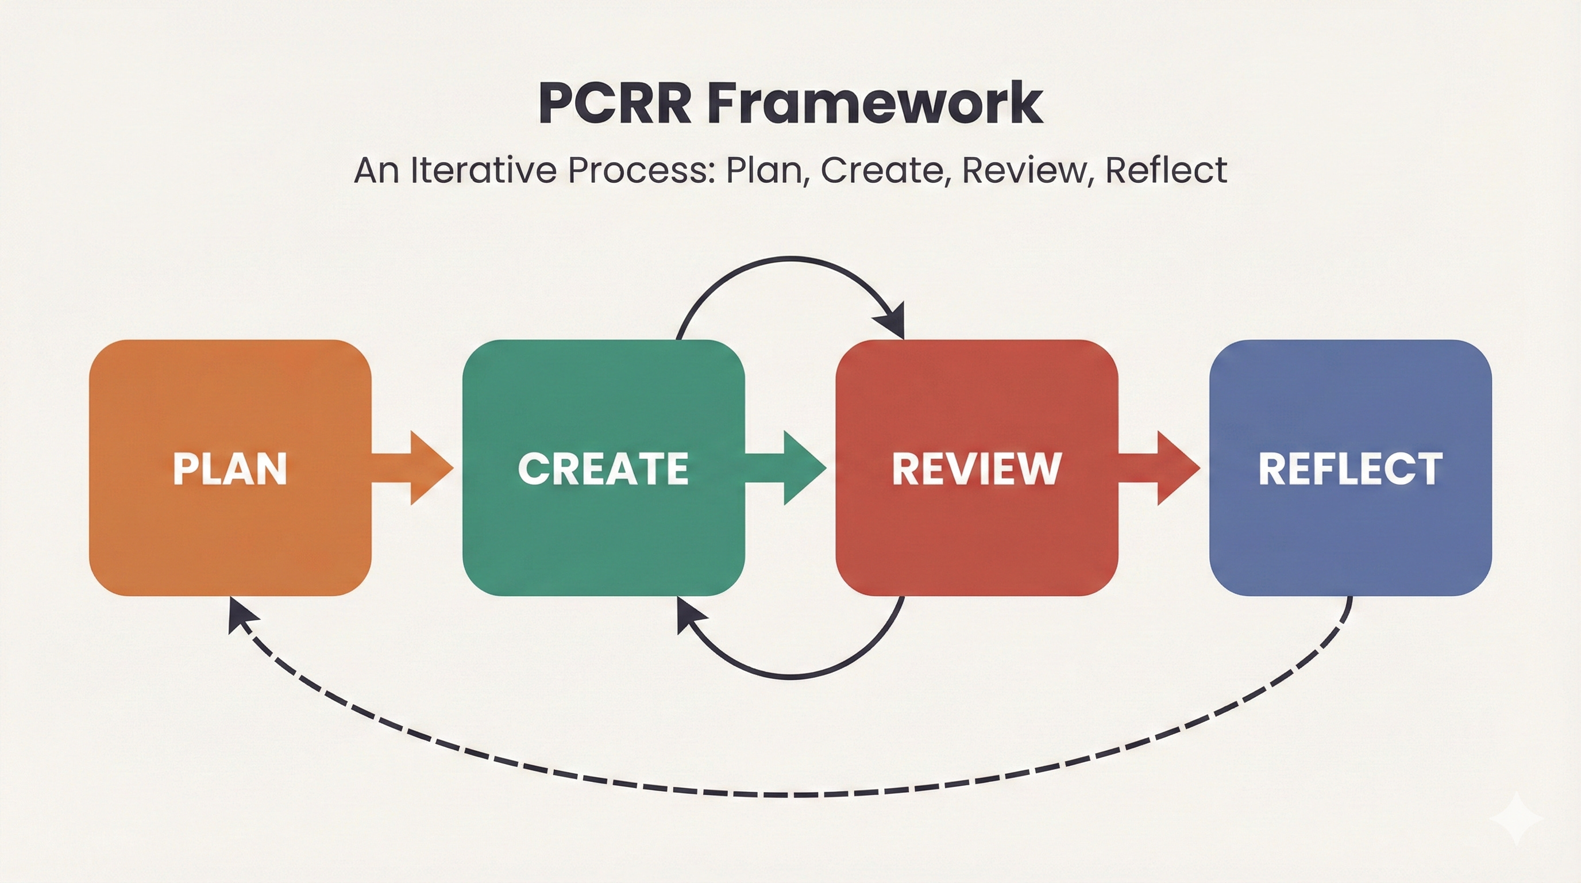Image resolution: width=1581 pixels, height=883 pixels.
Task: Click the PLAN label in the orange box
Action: point(230,469)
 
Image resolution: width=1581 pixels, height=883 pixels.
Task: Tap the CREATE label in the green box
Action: point(603,469)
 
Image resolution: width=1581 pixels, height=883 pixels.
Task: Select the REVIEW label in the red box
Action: point(977,469)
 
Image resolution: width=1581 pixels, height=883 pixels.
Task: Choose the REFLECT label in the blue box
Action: point(1350,469)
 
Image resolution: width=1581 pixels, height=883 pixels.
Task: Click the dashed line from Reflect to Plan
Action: point(792,794)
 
